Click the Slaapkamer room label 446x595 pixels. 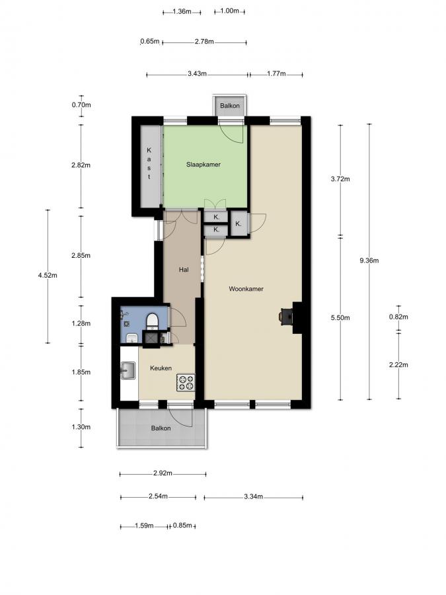click(203, 165)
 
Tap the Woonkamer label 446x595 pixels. click(246, 289)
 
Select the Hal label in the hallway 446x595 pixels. click(184, 270)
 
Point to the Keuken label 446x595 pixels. click(161, 368)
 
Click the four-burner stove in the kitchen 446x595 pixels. click(185, 381)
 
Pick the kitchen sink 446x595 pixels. click(128, 371)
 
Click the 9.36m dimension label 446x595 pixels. click(369, 260)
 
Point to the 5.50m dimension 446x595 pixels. click(340, 319)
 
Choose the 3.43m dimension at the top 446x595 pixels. click(197, 74)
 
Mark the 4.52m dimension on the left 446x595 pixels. click(48, 276)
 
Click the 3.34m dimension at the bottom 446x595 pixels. click(253, 496)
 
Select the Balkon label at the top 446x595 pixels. click(230, 106)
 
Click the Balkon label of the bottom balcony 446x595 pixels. click(161, 428)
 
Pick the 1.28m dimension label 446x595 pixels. click(81, 323)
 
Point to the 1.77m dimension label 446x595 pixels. click(276, 74)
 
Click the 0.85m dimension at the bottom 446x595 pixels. click(182, 526)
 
